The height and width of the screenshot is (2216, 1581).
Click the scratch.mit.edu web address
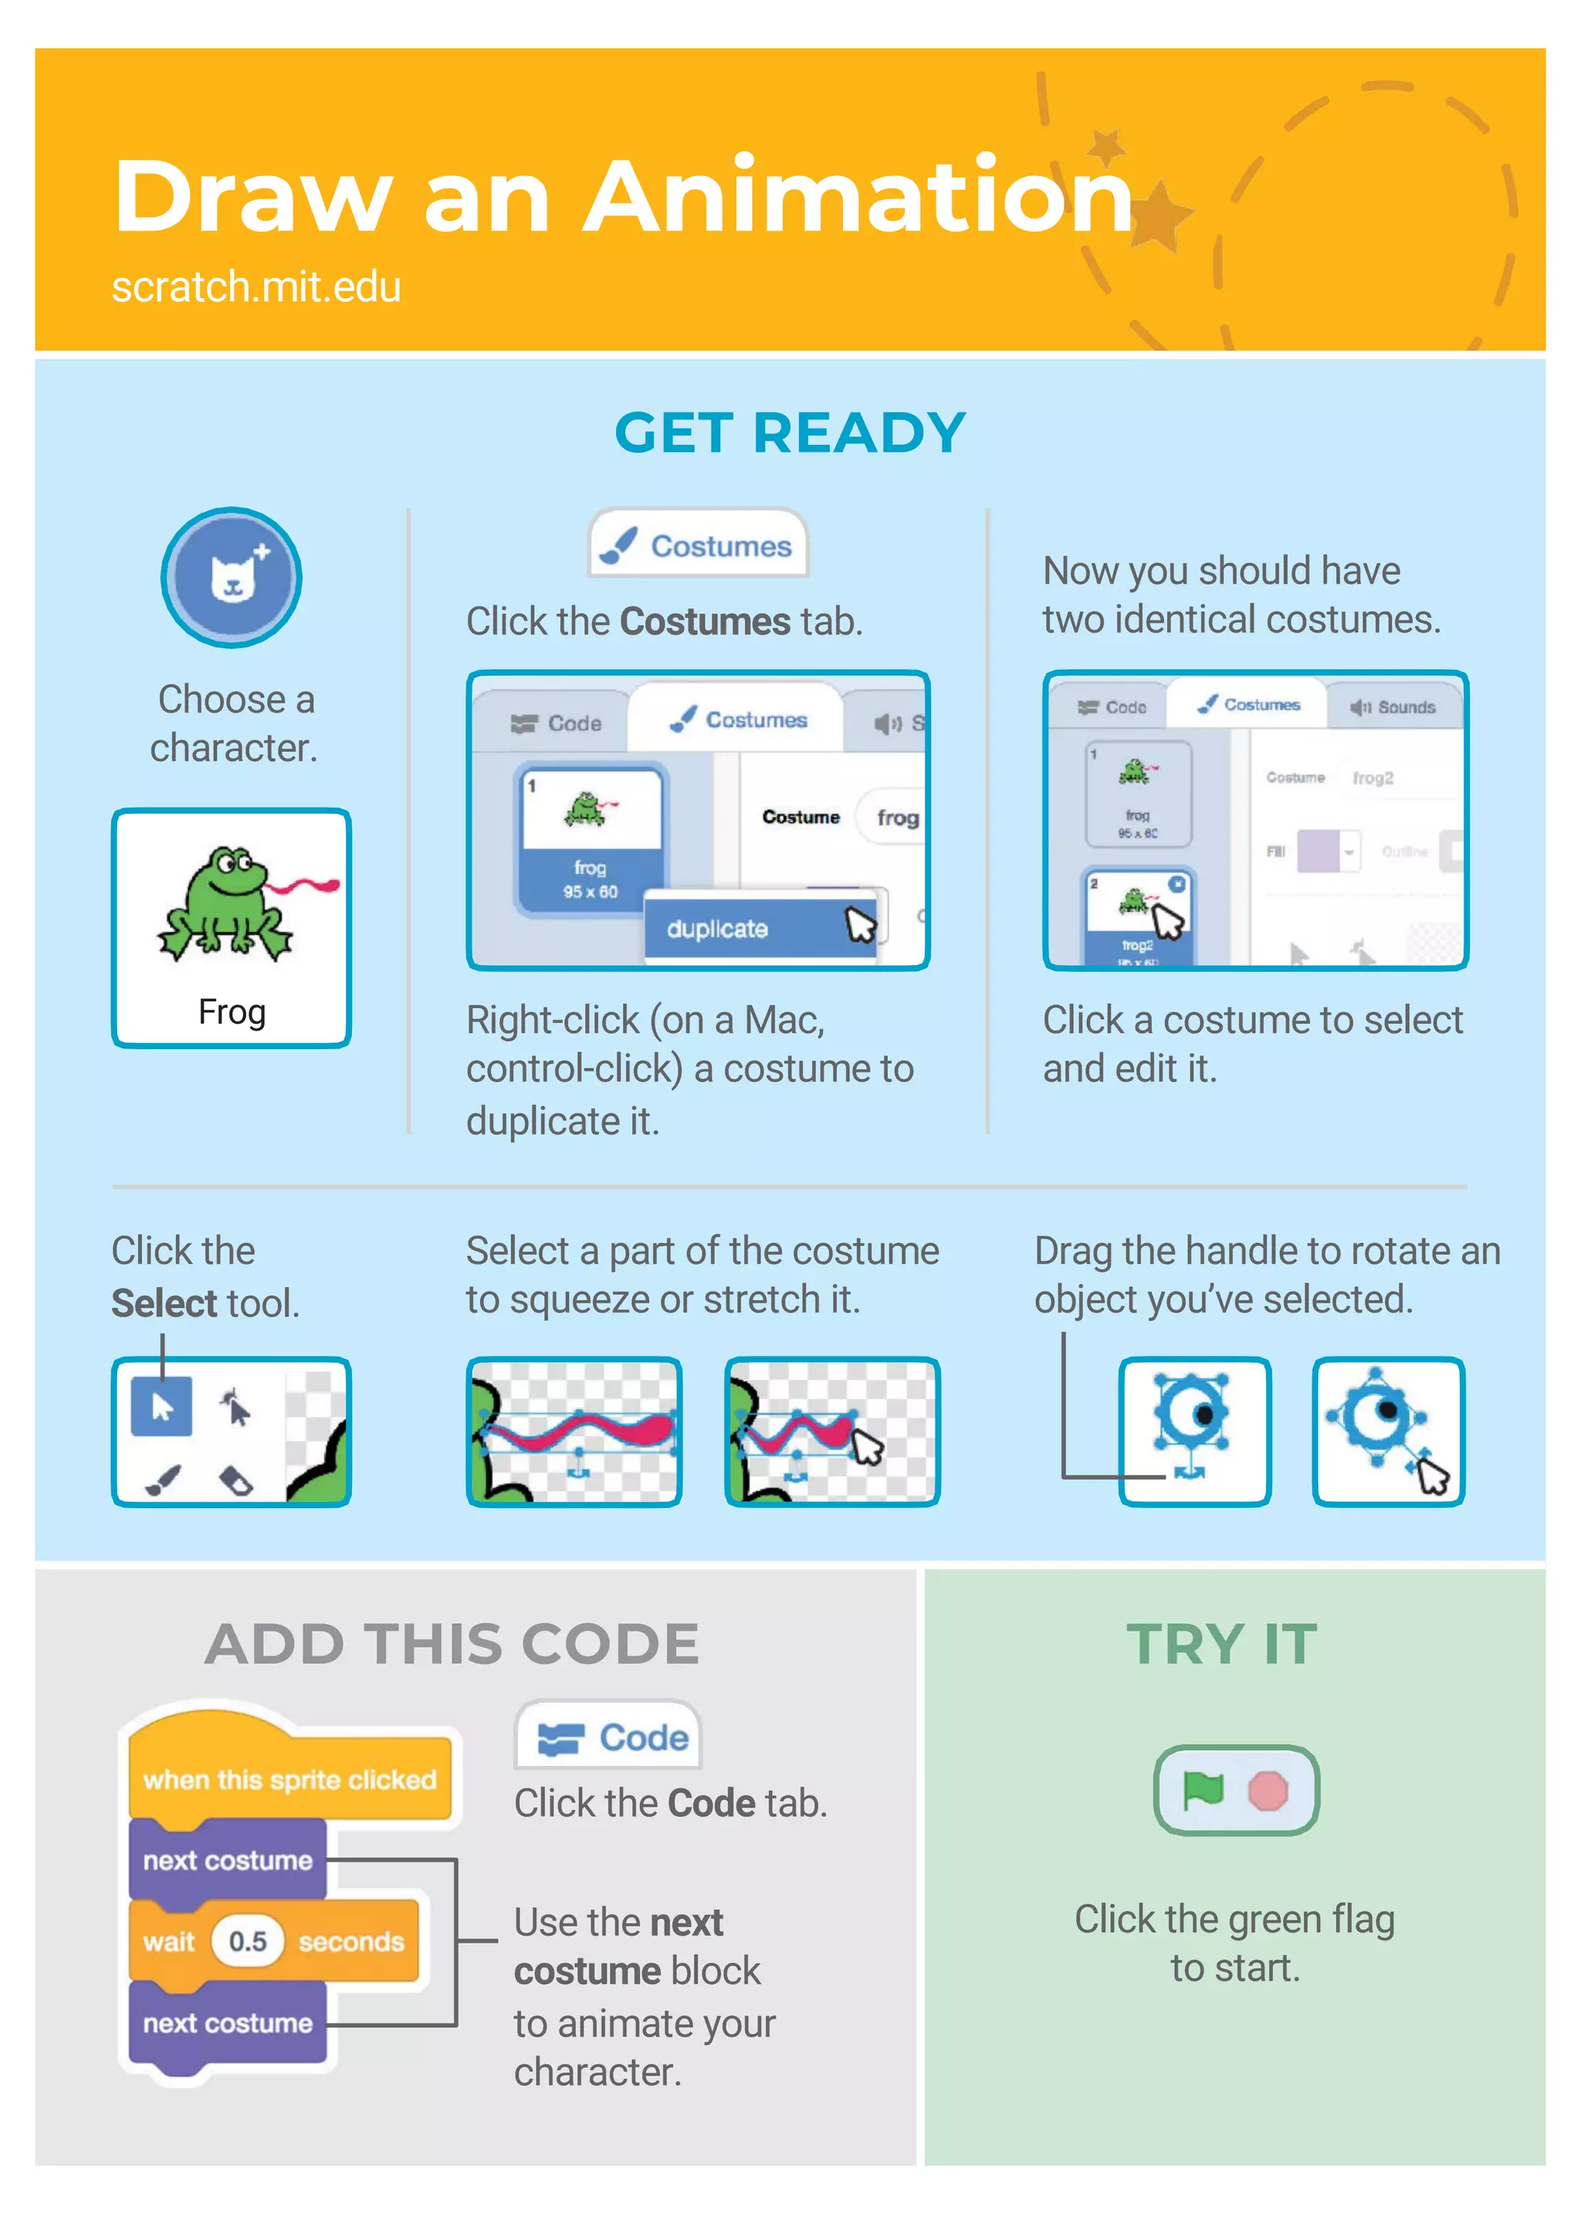[256, 287]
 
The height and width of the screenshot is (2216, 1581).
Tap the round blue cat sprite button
[232, 578]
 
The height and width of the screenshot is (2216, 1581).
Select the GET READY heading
[790, 433]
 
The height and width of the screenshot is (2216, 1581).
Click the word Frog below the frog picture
[232, 1011]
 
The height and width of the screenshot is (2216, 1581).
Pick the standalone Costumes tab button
[698, 545]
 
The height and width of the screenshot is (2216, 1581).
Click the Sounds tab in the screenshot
[1394, 706]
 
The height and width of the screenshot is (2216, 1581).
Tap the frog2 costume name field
[1375, 778]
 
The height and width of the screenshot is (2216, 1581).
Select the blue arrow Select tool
[161, 1407]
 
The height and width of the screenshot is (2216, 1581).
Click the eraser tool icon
[235, 1481]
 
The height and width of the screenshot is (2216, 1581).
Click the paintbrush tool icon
[163, 1481]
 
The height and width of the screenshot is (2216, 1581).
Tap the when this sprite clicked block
[289, 1780]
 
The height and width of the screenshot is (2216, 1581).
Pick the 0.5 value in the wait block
[247, 1941]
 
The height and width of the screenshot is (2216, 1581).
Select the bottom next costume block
[228, 2023]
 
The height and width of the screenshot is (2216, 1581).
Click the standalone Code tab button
[608, 1738]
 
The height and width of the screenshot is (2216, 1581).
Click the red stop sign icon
[1268, 1791]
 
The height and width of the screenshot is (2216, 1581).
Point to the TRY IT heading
[1222, 1645]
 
